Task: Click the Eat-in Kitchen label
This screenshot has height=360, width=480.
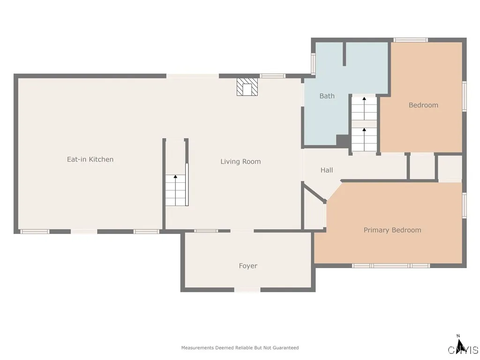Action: [90, 159]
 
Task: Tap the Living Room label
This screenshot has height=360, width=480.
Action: [240, 161]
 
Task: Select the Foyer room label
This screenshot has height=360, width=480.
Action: [248, 266]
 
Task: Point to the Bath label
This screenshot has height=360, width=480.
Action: [327, 96]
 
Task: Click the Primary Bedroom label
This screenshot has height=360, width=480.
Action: [392, 230]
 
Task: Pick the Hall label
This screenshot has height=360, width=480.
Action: [327, 170]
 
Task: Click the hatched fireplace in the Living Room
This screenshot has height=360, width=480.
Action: [247, 87]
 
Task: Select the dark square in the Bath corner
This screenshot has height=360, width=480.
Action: [343, 141]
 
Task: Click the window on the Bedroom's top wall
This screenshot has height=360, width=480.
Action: [411, 40]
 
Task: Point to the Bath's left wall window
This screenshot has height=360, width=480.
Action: [313, 64]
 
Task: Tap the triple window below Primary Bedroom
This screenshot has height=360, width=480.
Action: [391, 266]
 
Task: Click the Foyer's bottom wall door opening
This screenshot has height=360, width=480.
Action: [247, 290]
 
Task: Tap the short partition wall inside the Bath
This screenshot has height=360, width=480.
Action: [345, 53]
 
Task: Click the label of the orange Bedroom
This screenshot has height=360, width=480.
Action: [423, 105]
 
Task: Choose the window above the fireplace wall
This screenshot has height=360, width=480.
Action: [273, 76]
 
